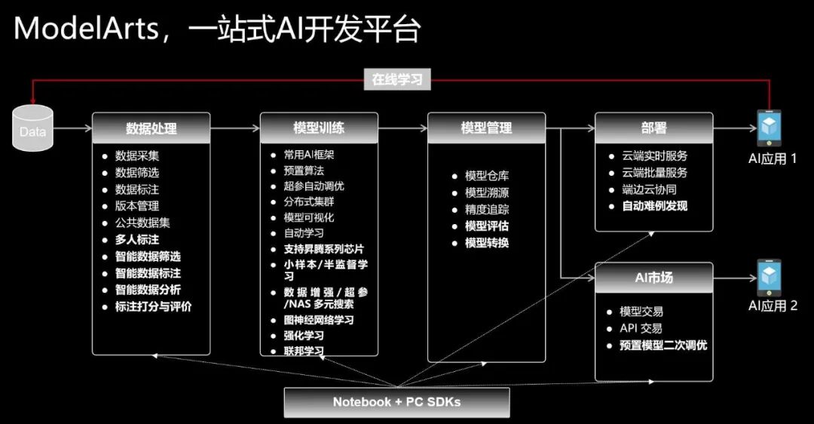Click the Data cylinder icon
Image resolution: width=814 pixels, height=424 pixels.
pyautogui.click(x=33, y=128)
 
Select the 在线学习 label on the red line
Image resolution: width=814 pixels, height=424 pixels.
pyautogui.click(x=397, y=79)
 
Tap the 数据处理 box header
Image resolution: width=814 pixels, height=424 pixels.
pyautogui.click(x=151, y=128)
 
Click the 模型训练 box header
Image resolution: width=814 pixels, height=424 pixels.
pyautogui.click(x=318, y=128)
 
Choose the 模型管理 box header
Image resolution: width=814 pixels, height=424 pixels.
pyautogui.click(x=486, y=128)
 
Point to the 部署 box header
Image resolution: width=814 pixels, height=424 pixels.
pyautogui.click(x=653, y=128)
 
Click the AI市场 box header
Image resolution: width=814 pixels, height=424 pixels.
pyautogui.click(x=653, y=277)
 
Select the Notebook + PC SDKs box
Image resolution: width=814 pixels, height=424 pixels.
pyautogui.click(x=396, y=402)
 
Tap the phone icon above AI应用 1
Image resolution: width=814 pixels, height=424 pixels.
pyautogui.click(x=769, y=128)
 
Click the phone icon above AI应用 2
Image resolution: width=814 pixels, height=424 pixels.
pyautogui.click(x=769, y=277)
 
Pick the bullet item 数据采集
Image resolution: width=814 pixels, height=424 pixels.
pyautogui.click(x=136, y=156)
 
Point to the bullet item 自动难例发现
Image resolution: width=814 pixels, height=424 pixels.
pyautogui.click(x=653, y=205)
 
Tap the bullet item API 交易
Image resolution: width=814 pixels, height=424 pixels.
pyautogui.click(x=640, y=328)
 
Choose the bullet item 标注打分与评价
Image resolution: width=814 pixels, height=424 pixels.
pyautogui.click(x=153, y=307)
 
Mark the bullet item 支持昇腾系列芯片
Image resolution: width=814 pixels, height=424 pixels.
pyautogui.click(x=328, y=249)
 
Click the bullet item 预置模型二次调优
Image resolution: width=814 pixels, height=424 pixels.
pyautogui.click(x=663, y=346)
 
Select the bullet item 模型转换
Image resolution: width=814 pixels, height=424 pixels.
pyautogui.click(x=486, y=243)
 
